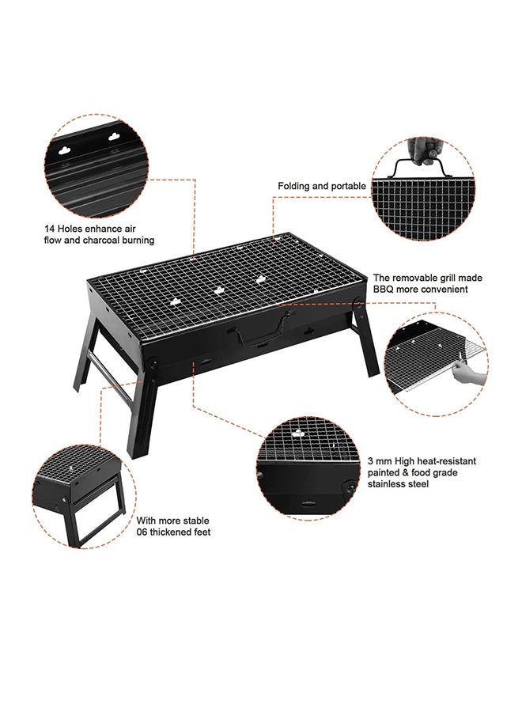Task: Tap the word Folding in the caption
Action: tap(293, 186)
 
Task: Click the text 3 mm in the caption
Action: tap(380, 460)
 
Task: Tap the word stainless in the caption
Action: tap(387, 484)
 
